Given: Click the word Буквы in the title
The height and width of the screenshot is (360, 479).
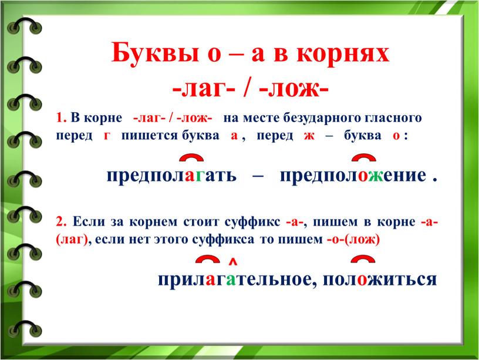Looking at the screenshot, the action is click(155, 52).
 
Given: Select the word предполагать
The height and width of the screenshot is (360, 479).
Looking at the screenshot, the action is click(171, 176).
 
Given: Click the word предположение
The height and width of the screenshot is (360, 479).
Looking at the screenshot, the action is click(353, 176).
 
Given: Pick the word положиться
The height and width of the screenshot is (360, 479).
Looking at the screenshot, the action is click(380, 280).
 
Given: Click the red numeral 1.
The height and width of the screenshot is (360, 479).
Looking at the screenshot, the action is click(60, 117).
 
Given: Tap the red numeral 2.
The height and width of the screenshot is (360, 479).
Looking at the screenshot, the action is click(61, 221).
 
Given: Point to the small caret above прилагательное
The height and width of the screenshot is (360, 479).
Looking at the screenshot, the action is click(233, 261).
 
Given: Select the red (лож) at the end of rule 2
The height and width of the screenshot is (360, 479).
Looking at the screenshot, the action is click(362, 240).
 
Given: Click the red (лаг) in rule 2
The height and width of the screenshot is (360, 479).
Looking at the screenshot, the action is click(72, 240).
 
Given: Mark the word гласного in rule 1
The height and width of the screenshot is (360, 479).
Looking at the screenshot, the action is click(391, 118).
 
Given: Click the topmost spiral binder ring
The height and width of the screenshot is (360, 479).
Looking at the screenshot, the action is click(25, 25).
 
